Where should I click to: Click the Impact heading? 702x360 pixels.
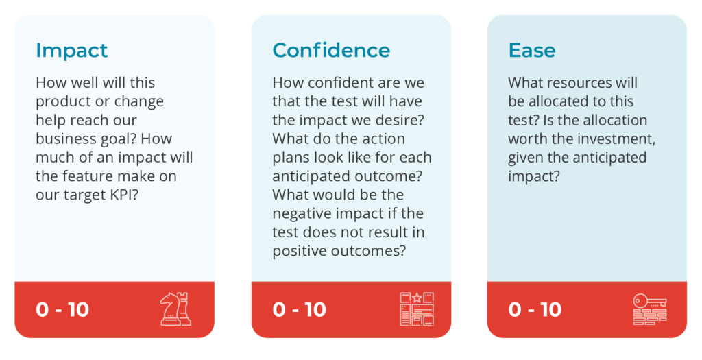point(71,51)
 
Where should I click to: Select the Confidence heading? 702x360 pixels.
point(331,50)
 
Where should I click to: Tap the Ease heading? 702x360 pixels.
point(532,50)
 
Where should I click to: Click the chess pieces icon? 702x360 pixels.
point(175,309)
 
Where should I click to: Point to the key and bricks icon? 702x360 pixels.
point(650,309)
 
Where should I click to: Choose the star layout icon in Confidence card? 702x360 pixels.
point(417,309)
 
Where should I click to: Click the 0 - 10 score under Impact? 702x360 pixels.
point(62,309)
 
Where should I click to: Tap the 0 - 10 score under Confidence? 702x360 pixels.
point(299,309)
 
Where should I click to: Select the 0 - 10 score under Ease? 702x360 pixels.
point(535,309)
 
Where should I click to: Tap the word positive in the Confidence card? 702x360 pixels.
point(300,251)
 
